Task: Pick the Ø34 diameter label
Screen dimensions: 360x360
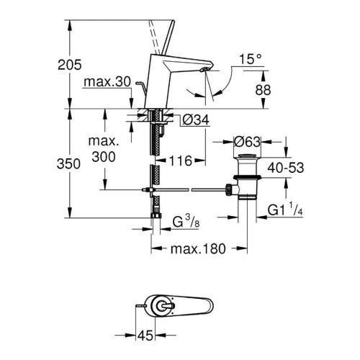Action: pyautogui.click(x=189, y=120)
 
